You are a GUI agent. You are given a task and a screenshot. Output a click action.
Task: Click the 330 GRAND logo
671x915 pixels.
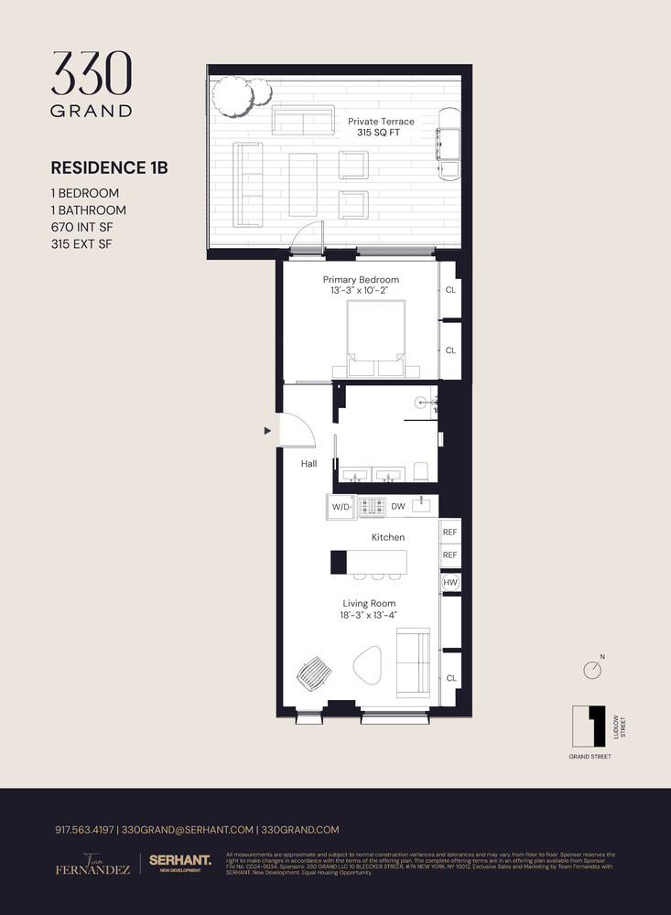coord(92,83)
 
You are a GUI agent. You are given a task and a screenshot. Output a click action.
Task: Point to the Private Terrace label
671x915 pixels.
coord(381,122)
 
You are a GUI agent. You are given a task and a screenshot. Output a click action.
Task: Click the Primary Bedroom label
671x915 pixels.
coord(361,279)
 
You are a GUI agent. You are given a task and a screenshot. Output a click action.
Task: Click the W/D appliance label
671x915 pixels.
coord(341,506)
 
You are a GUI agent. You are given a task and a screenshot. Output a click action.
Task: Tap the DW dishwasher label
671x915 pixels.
coord(398,506)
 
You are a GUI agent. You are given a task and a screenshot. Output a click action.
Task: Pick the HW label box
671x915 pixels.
coord(450,582)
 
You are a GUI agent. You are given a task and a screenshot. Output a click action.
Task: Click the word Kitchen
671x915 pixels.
coord(387,537)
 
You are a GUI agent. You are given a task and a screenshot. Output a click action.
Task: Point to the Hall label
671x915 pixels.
coord(308,464)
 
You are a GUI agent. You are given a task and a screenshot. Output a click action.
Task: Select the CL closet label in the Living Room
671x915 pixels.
coord(450,678)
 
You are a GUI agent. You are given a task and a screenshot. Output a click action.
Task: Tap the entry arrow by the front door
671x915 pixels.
coord(267,430)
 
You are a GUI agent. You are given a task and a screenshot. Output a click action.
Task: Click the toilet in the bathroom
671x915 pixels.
coord(421,470)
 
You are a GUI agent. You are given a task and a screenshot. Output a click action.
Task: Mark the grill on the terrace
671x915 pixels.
coord(449,143)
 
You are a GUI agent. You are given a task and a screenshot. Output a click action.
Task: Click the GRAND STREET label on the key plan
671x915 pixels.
coord(590,757)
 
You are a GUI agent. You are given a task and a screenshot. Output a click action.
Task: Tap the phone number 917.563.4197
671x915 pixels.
coord(85,829)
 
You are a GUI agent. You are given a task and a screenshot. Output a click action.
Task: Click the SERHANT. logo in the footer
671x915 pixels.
coord(180,860)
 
